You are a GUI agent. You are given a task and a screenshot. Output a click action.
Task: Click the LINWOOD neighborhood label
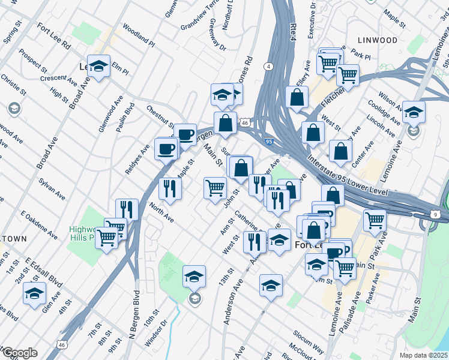click(x=377, y=40)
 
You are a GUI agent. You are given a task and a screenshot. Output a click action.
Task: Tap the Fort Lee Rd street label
click(x=53, y=37)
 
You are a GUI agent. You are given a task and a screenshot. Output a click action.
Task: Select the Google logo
click(x=19, y=352)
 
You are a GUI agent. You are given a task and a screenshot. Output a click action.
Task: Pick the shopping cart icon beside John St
click(x=215, y=188)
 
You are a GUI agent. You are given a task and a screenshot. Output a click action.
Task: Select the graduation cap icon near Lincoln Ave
click(x=414, y=112)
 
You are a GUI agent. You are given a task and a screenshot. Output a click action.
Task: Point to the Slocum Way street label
click(x=309, y=340)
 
